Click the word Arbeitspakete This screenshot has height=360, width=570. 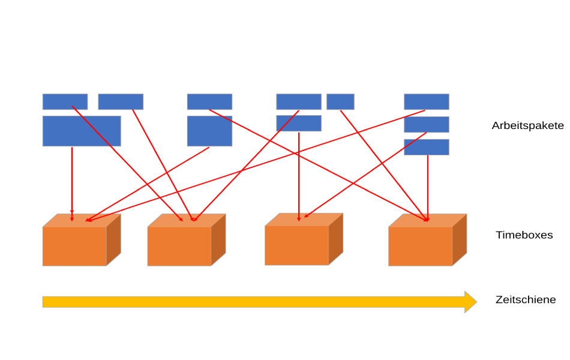(527, 126)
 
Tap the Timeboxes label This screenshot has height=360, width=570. (524, 235)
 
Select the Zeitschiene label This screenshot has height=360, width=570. (526, 299)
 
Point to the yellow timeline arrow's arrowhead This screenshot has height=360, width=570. (470, 301)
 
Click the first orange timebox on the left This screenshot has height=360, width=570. (74, 246)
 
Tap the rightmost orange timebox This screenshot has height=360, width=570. (420, 246)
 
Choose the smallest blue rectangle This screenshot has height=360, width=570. (340, 101)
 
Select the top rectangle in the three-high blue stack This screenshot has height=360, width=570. (426, 101)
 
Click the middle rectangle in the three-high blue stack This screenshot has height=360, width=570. (426, 124)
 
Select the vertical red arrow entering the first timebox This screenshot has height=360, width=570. (72, 180)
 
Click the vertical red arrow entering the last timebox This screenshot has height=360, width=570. (428, 186)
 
